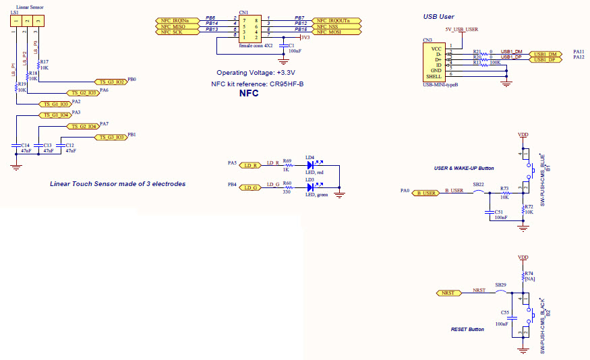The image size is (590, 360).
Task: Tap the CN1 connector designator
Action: pyautogui.click(x=243, y=12)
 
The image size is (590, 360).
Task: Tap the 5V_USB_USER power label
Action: pyautogui.click(x=462, y=30)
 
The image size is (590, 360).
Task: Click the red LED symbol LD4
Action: pyautogui.click(x=312, y=165)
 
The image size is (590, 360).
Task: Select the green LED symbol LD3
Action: pyautogui.click(x=312, y=187)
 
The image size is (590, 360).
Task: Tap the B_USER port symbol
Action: pyautogui.click(x=426, y=193)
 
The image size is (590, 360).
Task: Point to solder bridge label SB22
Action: pyautogui.click(x=478, y=184)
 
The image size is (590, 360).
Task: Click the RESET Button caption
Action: pyautogui.click(x=467, y=330)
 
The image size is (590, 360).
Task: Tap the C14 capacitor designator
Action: pyautogui.click(x=24, y=145)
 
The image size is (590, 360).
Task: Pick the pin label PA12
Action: pyautogui.click(x=579, y=58)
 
